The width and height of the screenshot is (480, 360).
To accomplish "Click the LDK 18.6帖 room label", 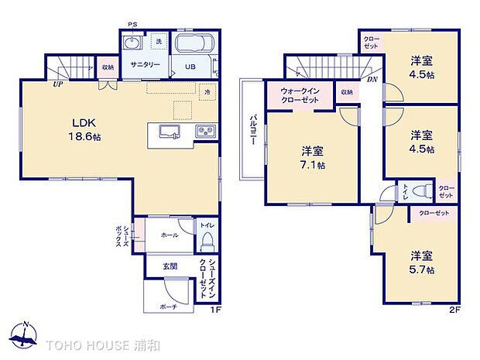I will coord(85,129).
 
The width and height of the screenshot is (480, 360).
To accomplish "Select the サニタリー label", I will coord(144,65).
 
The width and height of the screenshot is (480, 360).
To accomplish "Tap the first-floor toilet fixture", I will coord(207,242).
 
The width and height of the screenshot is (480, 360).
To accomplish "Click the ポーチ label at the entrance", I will coord(169,307).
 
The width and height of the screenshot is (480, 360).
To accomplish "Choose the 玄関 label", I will coord(170,266).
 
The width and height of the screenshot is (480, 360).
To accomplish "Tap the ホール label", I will coord(169,235).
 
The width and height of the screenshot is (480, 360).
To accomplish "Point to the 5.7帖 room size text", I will coord(423,270).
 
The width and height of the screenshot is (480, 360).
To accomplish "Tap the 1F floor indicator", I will coord(217,311).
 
